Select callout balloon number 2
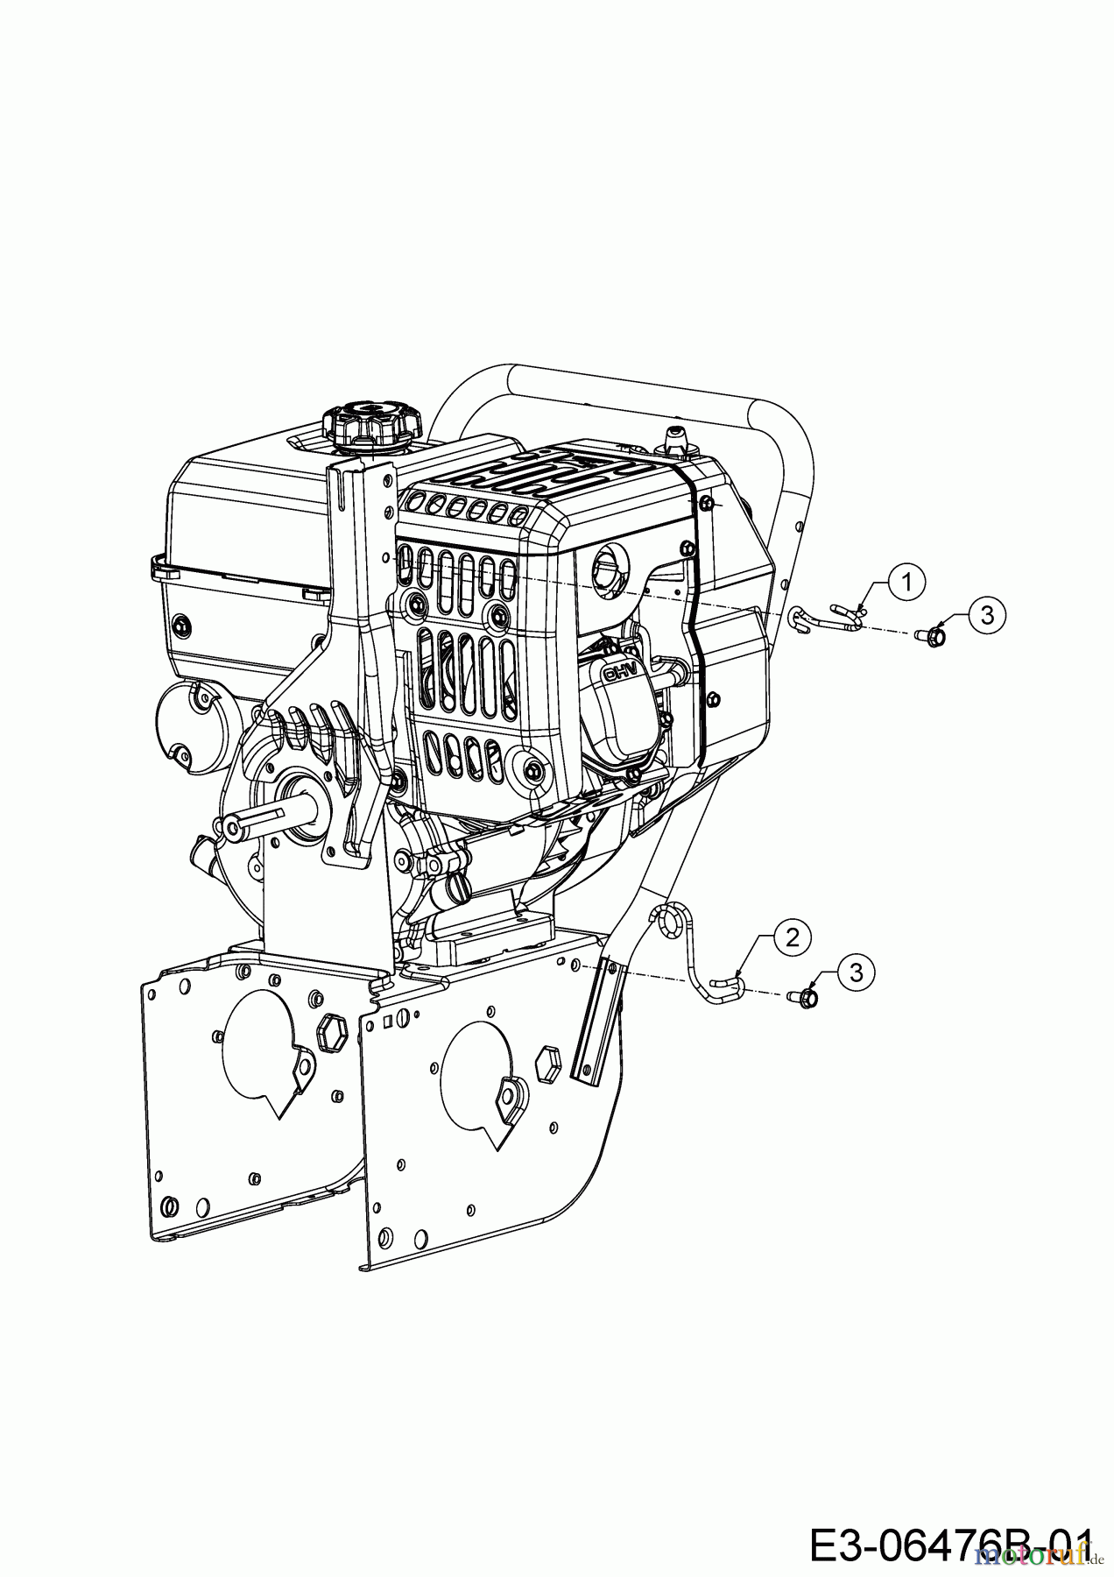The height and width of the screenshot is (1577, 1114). [x=792, y=937]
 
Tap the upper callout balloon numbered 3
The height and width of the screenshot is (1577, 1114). [x=987, y=615]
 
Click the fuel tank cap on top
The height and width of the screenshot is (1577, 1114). [x=371, y=424]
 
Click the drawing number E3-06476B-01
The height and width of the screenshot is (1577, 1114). [x=951, y=1545]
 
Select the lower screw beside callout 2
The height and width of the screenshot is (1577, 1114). [x=805, y=996]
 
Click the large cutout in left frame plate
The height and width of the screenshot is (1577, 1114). [x=259, y=1043]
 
